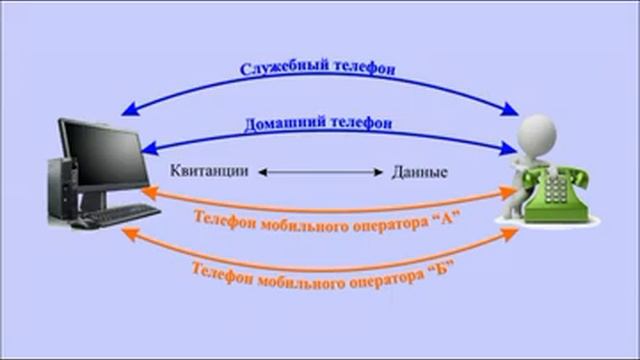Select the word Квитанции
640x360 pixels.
tap(209, 171)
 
